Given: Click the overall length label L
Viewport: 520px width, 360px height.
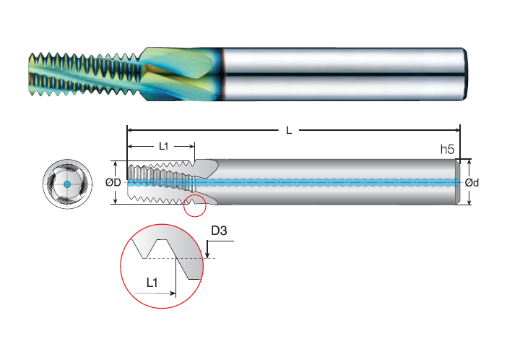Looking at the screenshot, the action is (x=289, y=130).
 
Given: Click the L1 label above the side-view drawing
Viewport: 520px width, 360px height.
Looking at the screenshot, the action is (x=164, y=146).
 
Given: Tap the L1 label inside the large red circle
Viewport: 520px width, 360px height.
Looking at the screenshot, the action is (x=152, y=283).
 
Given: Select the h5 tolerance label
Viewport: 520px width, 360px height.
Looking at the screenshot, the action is (x=447, y=150).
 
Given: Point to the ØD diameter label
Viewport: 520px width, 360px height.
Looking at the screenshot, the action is (x=113, y=182).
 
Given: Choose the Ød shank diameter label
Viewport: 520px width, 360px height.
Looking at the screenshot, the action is (x=472, y=182).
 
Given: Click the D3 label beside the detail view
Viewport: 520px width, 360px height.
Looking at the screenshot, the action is (x=220, y=231).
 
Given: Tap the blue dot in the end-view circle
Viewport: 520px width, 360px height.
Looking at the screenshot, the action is (x=67, y=184).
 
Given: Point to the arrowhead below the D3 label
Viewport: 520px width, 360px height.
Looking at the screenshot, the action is (x=207, y=254).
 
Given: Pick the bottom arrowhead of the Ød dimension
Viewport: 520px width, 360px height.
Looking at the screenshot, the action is (x=469, y=202).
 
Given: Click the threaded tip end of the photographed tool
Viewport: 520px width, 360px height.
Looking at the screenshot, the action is (x=31, y=74).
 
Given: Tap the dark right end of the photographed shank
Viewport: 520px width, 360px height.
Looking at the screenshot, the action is (x=465, y=74).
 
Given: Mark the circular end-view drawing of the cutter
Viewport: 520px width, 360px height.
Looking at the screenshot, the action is (x=67, y=184).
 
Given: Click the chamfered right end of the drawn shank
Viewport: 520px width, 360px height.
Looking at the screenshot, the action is (x=458, y=182).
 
